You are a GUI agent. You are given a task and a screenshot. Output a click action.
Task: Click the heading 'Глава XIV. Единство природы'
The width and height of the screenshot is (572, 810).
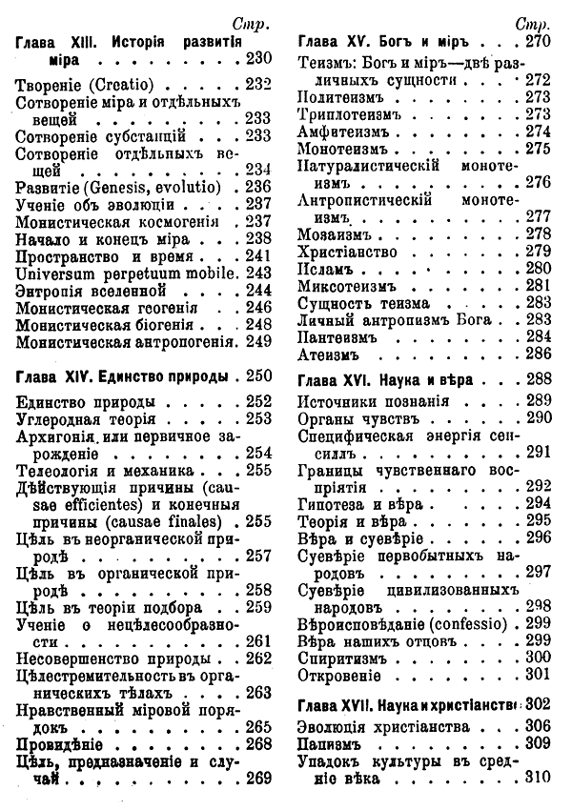[128, 375]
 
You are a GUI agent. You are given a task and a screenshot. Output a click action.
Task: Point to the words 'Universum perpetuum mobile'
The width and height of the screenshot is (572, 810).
[125, 273]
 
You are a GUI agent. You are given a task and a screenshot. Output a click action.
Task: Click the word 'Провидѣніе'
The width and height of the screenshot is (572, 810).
[63, 743]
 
